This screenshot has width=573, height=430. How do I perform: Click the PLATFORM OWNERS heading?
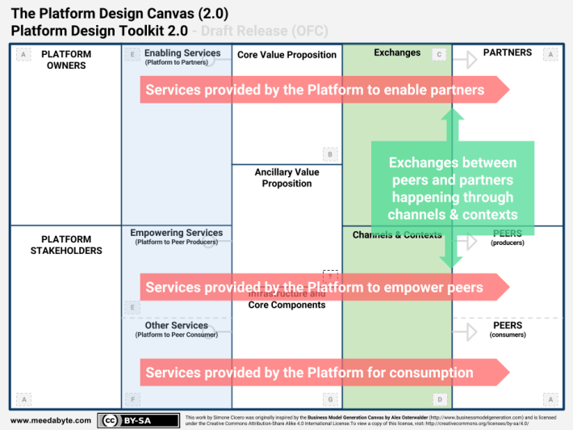[66, 60]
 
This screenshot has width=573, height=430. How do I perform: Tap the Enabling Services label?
[182, 53]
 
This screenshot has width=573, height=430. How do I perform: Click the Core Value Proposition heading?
[286, 55]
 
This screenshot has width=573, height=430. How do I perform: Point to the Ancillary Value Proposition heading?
[286, 178]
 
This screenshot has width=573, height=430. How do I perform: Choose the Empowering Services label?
[177, 234]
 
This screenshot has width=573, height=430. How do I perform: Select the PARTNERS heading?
[507, 53]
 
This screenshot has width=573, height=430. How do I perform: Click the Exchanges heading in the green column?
[397, 53]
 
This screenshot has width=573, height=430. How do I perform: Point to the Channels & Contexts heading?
[397, 235]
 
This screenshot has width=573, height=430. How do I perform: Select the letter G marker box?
[329, 398]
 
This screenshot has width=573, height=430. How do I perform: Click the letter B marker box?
[329, 154]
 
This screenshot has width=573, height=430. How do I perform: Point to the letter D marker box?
[439, 398]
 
